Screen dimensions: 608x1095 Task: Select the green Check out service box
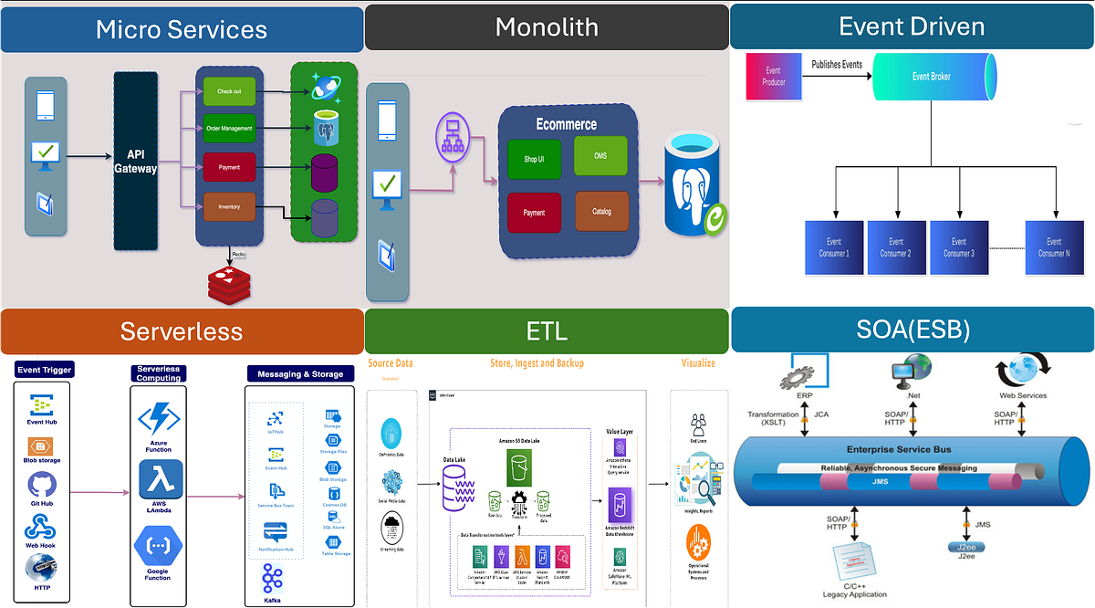pos(229,91)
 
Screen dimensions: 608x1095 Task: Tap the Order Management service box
pos(229,129)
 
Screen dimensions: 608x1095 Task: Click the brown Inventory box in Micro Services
pos(229,207)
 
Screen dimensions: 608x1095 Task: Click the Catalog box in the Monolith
pos(602,211)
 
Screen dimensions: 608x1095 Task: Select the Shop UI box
pos(535,160)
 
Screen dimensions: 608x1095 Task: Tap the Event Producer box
pos(773,76)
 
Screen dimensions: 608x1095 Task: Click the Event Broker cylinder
pos(931,77)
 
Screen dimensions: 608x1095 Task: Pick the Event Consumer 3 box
pos(958,247)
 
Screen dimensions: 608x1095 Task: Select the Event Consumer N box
pos(1056,247)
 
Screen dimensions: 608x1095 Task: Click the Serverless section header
pos(182,330)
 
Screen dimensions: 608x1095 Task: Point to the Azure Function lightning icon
pos(159,419)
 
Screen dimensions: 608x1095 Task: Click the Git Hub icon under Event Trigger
pos(42,485)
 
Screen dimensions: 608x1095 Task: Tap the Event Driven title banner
pos(912,26)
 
